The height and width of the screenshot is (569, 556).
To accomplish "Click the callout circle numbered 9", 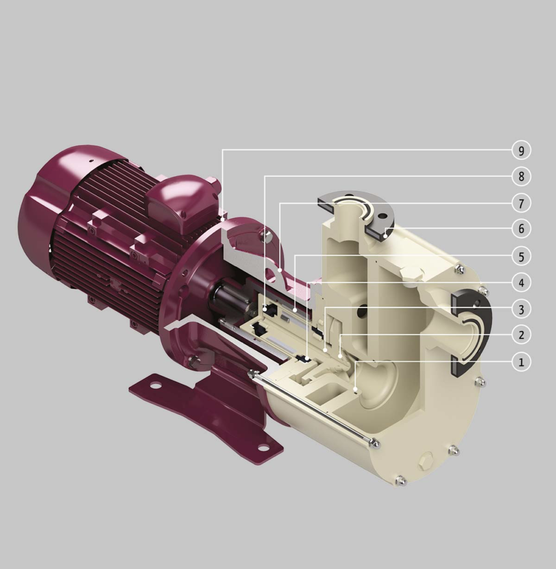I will [x=521, y=150].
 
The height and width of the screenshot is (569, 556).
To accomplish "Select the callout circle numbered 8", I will [x=521, y=177].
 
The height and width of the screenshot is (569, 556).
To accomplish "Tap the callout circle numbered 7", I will [x=521, y=203].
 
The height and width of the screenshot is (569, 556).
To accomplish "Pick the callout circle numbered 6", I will [x=521, y=228].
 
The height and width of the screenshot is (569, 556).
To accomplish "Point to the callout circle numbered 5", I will [x=521, y=256].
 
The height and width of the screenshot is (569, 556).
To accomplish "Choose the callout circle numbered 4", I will [x=521, y=283].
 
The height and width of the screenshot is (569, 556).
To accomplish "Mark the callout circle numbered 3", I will [x=521, y=309].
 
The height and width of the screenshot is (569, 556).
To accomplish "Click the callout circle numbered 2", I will [x=521, y=335].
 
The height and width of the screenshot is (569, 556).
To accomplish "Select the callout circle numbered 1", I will [x=521, y=362].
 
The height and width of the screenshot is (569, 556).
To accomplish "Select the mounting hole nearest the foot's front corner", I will [x=264, y=447].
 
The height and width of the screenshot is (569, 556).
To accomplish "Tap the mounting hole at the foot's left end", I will [x=156, y=385].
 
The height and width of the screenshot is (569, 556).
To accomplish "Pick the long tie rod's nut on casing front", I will [x=376, y=443].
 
